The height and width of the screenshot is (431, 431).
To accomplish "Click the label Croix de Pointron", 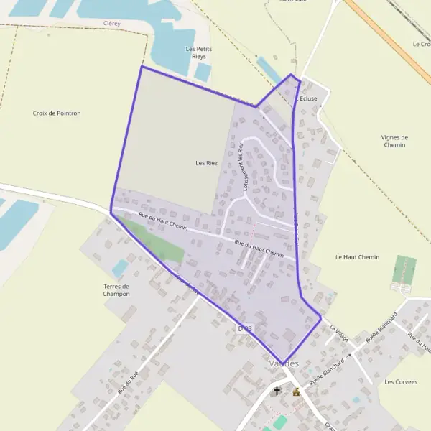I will [x=57, y=113].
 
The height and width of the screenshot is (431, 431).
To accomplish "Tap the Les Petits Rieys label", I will [x=200, y=52].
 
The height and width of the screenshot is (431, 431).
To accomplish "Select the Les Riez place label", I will [x=206, y=163].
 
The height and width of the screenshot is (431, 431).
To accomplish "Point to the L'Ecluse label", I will [x=307, y=98].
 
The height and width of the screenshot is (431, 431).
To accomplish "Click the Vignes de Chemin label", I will [x=394, y=141].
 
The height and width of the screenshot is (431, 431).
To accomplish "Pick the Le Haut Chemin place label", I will [x=357, y=256].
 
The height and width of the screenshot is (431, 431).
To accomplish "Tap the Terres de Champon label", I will [x=116, y=290].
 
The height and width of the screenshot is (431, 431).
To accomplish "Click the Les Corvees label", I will [x=401, y=381].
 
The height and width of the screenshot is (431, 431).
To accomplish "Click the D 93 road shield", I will [x=245, y=328].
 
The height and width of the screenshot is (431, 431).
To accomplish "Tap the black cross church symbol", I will [x=277, y=391].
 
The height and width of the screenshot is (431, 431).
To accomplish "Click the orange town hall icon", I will [x=296, y=392].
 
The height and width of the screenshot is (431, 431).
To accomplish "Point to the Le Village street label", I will [x=338, y=331].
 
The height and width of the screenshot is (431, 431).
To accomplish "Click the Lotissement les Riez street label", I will [x=243, y=167].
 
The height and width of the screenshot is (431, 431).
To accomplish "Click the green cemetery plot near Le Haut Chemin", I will [x=404, y=270].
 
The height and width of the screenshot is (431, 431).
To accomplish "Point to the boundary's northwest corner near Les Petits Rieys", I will [x=142, y=67].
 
